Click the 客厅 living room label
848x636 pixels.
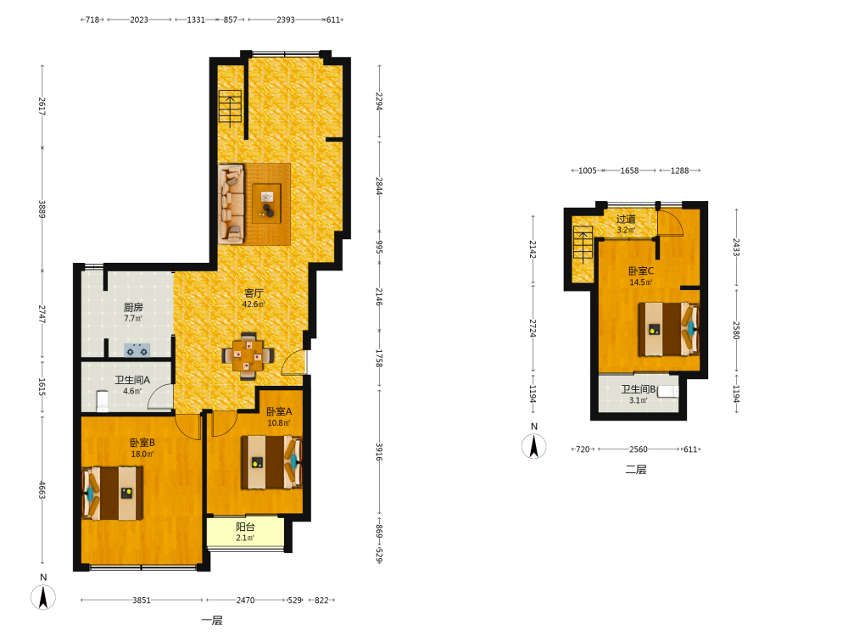pyautogui.click(x=254, y=293)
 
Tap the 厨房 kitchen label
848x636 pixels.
pyautogui.click(x=133, y=307)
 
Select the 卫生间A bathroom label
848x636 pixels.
pyautogui.click(x=132, y=380)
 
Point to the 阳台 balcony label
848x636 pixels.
pyautogui.click(x=245, y=527)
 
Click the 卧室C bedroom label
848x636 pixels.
pyautogui.click(x=641, y=271)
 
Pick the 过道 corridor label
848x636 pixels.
pyautogui.click(x=626, y=219)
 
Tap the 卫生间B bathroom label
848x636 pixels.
pyautogui.click(x=639, y=389)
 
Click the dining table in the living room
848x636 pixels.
pyautogui.click(x=248, y=355)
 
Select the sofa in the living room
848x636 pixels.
pyautogui.click(x=231, y=204)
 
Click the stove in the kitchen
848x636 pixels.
pyautogui.click(x=137, y=350)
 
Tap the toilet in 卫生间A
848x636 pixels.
pyautogui.click(x=103, y=401)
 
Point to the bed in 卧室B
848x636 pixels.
pyautogui.click(x=112, y=494)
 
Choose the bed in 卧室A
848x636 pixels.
pyautogui.click(x=271, y=462)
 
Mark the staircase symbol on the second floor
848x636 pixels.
pyautogui.click(x=583, y=245)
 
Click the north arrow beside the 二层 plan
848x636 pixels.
pyautogui.click(x=533, y=447)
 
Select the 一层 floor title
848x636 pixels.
pyautogui.click(x=212, y=621)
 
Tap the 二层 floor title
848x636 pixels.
pyautogui.click(x=636, y=470)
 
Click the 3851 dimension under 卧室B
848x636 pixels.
pyautogui.click(x=142, y=600)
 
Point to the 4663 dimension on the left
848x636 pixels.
pyautogui.click(x=42, y=490)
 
